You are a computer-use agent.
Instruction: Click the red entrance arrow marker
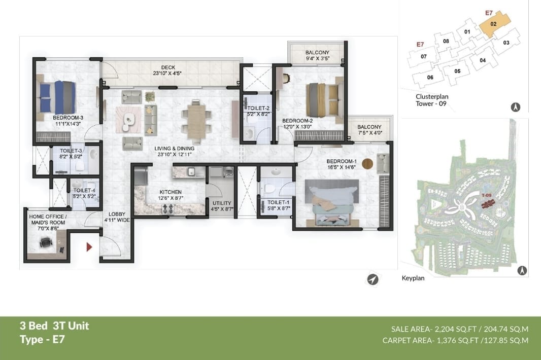click(x=89, y=247)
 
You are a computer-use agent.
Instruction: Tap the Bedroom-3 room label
click(x=68, y=118)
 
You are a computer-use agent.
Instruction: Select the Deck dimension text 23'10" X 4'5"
click(x=167, y=73)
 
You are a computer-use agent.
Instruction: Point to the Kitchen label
click(x=171, y=192)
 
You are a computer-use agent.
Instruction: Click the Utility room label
click(x=222, y=203)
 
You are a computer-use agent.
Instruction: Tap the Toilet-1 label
click(x=279, y=202)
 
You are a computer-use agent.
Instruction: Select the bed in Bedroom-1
click(x=331, y=203)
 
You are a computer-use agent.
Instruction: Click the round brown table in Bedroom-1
click(x=367, y=164)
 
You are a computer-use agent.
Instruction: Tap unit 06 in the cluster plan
click(x=430, y=77)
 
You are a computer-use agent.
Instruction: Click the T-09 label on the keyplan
click(x=486, y=195)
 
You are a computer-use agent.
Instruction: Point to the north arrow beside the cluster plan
click(x=516, y=107)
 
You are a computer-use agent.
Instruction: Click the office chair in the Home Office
click(x=46, y=242)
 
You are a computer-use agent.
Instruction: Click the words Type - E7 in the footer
click(x=42, y=340)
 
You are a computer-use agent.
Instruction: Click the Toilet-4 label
click(x=84, y=190)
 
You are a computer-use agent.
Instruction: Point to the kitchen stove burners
click(x=167, y=208)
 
